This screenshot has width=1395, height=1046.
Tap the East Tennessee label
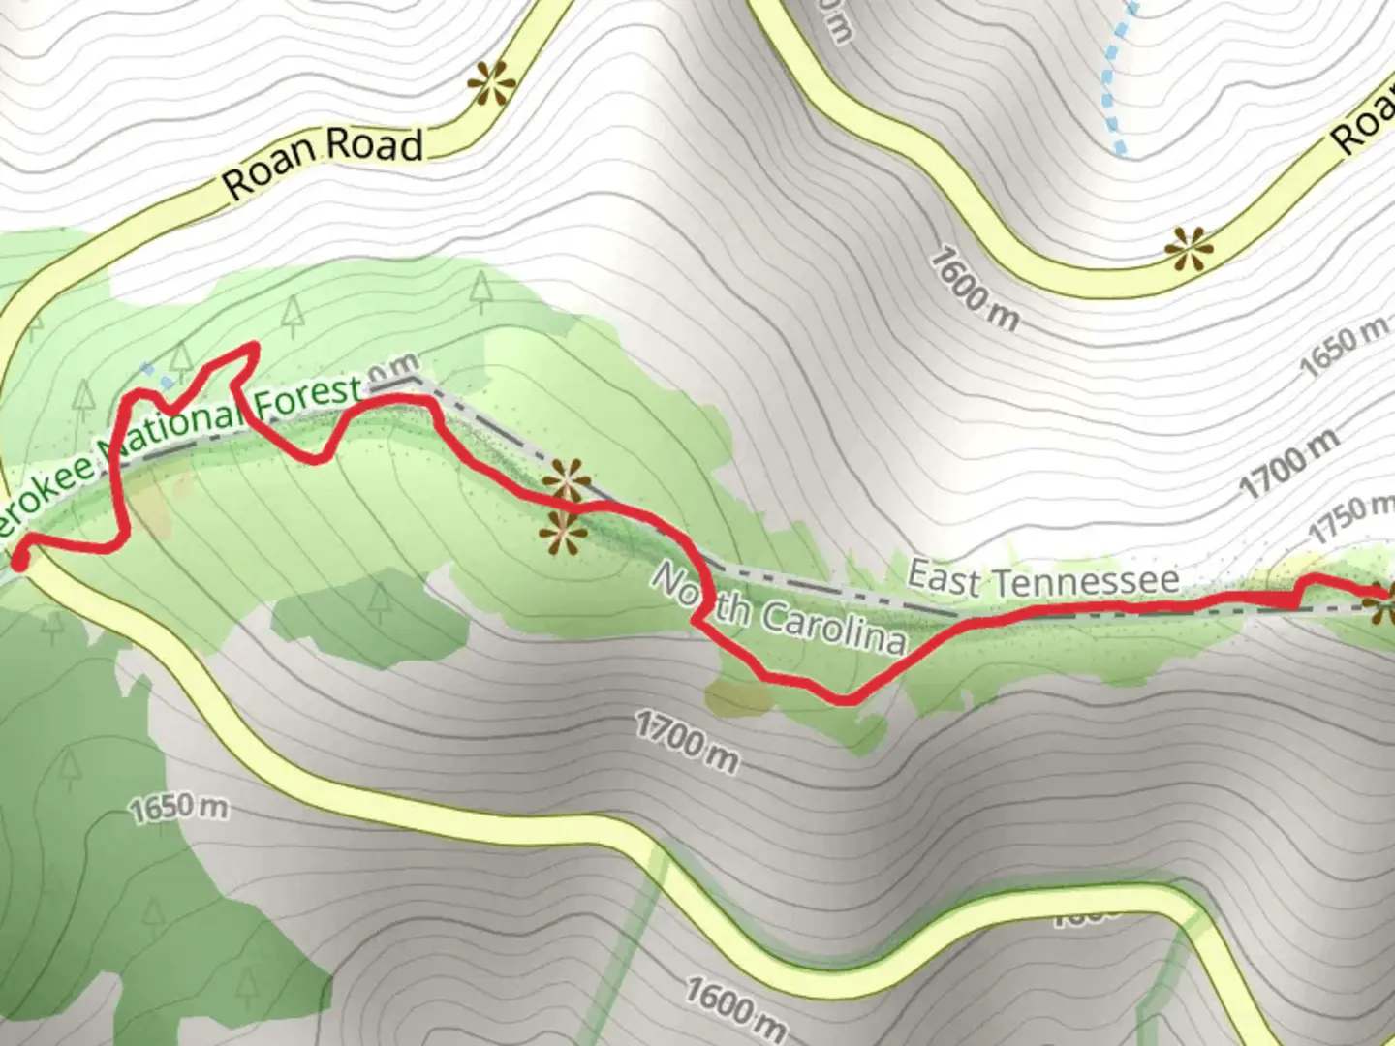1043,579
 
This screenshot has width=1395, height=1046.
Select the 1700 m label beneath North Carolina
687,741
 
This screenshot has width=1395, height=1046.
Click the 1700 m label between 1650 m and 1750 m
1291,463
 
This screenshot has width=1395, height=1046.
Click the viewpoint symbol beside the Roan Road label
491,84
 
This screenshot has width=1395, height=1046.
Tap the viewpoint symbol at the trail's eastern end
1383,607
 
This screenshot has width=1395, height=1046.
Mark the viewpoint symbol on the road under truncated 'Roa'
1189,250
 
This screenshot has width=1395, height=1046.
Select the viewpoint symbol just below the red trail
563,535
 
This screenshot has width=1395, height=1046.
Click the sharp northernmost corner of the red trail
255,345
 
